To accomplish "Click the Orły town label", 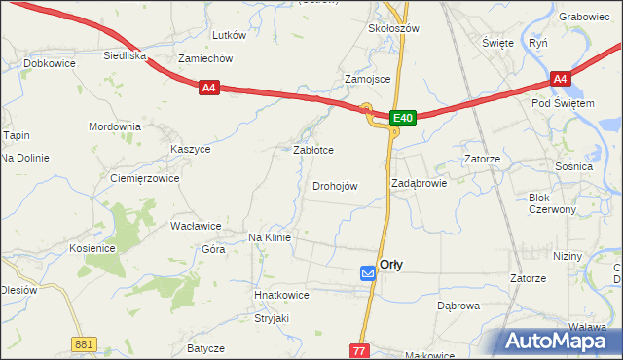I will (x=391, y=264).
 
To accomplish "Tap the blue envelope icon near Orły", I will (x=368, y=274).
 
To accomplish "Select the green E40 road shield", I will (x=404, y=118).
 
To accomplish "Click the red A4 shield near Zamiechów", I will (x=209, y=88).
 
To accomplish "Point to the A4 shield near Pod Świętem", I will (x=559, y=79).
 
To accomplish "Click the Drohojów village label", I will (x=336, y=186).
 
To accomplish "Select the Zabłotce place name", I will (x=313, y=150).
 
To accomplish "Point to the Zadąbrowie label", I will (x=419, y=182).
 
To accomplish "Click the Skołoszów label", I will (x=393, y=29).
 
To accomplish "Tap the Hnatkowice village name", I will (x=281, y=295).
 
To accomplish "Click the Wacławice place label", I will (x=196, y=226).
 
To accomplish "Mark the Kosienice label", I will (x=92, y=248).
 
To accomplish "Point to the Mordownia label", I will (x=115, y=127).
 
